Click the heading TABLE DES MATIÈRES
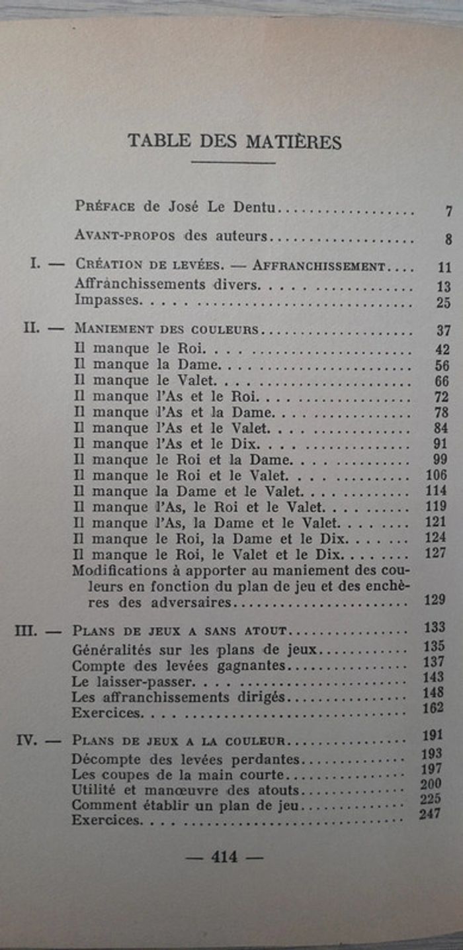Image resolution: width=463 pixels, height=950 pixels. pos(234,142)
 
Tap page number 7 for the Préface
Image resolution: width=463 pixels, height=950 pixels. pos(448,212)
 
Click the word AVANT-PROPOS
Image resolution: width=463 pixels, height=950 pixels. pos(115,235)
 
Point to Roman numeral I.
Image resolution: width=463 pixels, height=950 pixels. pos(34,263)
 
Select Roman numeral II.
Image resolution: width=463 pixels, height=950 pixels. pos(32,327)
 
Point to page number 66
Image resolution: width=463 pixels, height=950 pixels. pos(442,382)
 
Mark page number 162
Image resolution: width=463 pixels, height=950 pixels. pos(434,709)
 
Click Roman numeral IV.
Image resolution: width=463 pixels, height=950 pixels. pos(27,740)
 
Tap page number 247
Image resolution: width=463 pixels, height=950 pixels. pos(429,814)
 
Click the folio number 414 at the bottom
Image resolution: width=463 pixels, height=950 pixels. pos(224,857)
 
